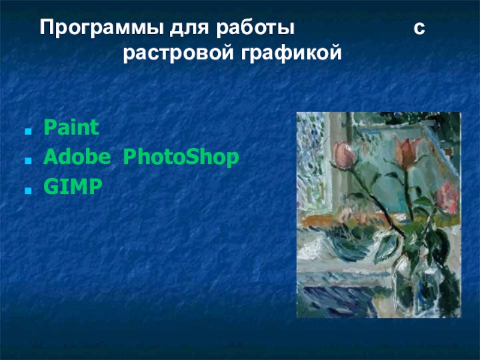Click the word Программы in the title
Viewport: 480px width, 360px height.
tap(102, 28)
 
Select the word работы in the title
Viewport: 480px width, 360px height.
tap(256, 28)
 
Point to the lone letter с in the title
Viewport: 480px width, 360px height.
tap(419, 28)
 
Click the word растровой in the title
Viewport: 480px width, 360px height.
tap(178, 53)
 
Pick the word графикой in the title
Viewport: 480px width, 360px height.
tap(291, 53)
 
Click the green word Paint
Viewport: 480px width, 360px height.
tap(71, 127)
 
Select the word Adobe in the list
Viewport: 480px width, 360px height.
tap(77, 157)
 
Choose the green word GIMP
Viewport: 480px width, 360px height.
tap(73, 186)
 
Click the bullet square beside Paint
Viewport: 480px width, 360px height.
tap(28, 131)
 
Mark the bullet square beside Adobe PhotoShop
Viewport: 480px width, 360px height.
tap(28, 161)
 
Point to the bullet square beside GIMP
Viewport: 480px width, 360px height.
tap(28, 190)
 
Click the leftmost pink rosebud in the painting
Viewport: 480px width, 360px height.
tap(344, 155)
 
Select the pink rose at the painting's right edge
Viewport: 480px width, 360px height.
tap(447, 198)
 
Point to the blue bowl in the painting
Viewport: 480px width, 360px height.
tap(346, 242)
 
